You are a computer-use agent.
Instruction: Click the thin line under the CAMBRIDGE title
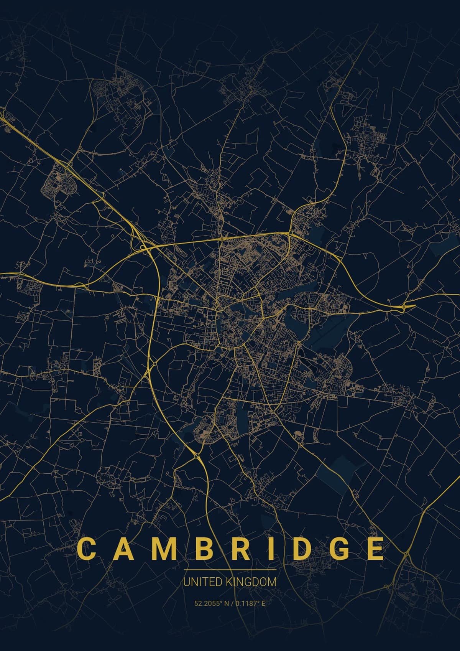pos(230,570)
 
